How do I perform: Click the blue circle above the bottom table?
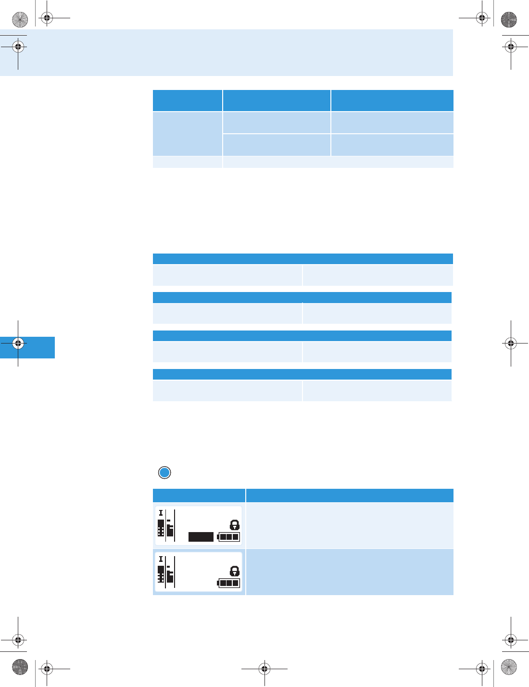(x=164, y=472)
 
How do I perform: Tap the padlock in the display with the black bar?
(x=235, y=525)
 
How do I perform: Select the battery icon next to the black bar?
(x=229, y=537)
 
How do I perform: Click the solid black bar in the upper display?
(x=201, y=537)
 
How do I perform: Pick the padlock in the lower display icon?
(x=235, y=571)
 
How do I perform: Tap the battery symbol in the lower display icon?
(x=229, y=583)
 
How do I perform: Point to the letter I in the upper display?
(x=161, y=513)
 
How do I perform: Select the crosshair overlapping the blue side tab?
(x=18, y=343)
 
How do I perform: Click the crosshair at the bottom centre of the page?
(x=264, y=668)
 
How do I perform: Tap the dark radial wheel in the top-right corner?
(x=509, y=20)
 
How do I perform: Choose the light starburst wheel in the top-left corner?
(x=20, y=20)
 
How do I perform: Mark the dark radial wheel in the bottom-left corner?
(x=20, y=667)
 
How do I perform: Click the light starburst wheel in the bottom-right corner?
(x=509, y=667)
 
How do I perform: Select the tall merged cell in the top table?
(x=188, y=134)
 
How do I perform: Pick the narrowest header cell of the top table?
(x=188, y=101)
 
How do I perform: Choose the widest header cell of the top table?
(x=392, y=101)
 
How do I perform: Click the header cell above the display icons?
(x=199, y=496)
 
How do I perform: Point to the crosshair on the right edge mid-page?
(x=511, y=343)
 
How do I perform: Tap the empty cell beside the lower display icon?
(x=350, y=572)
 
